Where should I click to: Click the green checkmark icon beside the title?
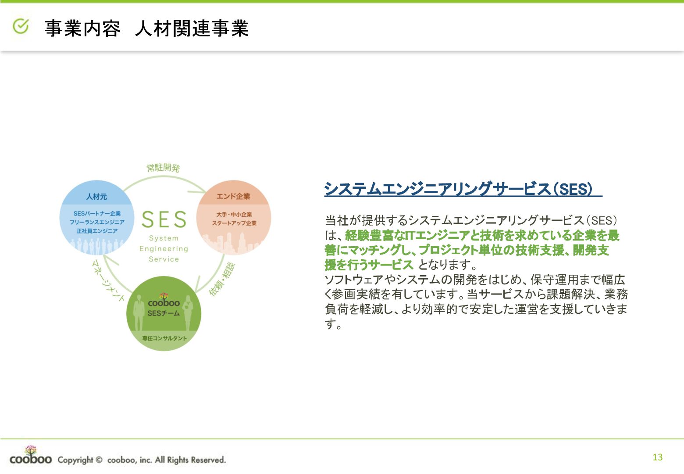[21, 27]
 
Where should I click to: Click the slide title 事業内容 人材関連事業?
[146, 29]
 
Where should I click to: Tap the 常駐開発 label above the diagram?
[163, 168]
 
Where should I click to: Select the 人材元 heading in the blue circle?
[96, 197]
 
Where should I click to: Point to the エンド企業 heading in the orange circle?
[233, 196]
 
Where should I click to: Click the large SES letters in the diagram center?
[164, 219]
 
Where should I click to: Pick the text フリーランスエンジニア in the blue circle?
[97, 222]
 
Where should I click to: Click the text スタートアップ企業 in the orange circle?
[234, 223]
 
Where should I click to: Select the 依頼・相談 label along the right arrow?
[222, 279]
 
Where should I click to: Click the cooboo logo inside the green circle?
[164, 301]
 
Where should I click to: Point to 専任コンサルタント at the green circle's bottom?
[164, 338]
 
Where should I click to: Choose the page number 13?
[657, 457]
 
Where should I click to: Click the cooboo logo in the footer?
[30, 456]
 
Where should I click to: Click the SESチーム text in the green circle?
[164, 313]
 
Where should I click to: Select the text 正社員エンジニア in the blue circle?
[97, 231]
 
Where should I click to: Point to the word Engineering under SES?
[164, 249]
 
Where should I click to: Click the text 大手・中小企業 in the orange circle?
[234, 215]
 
